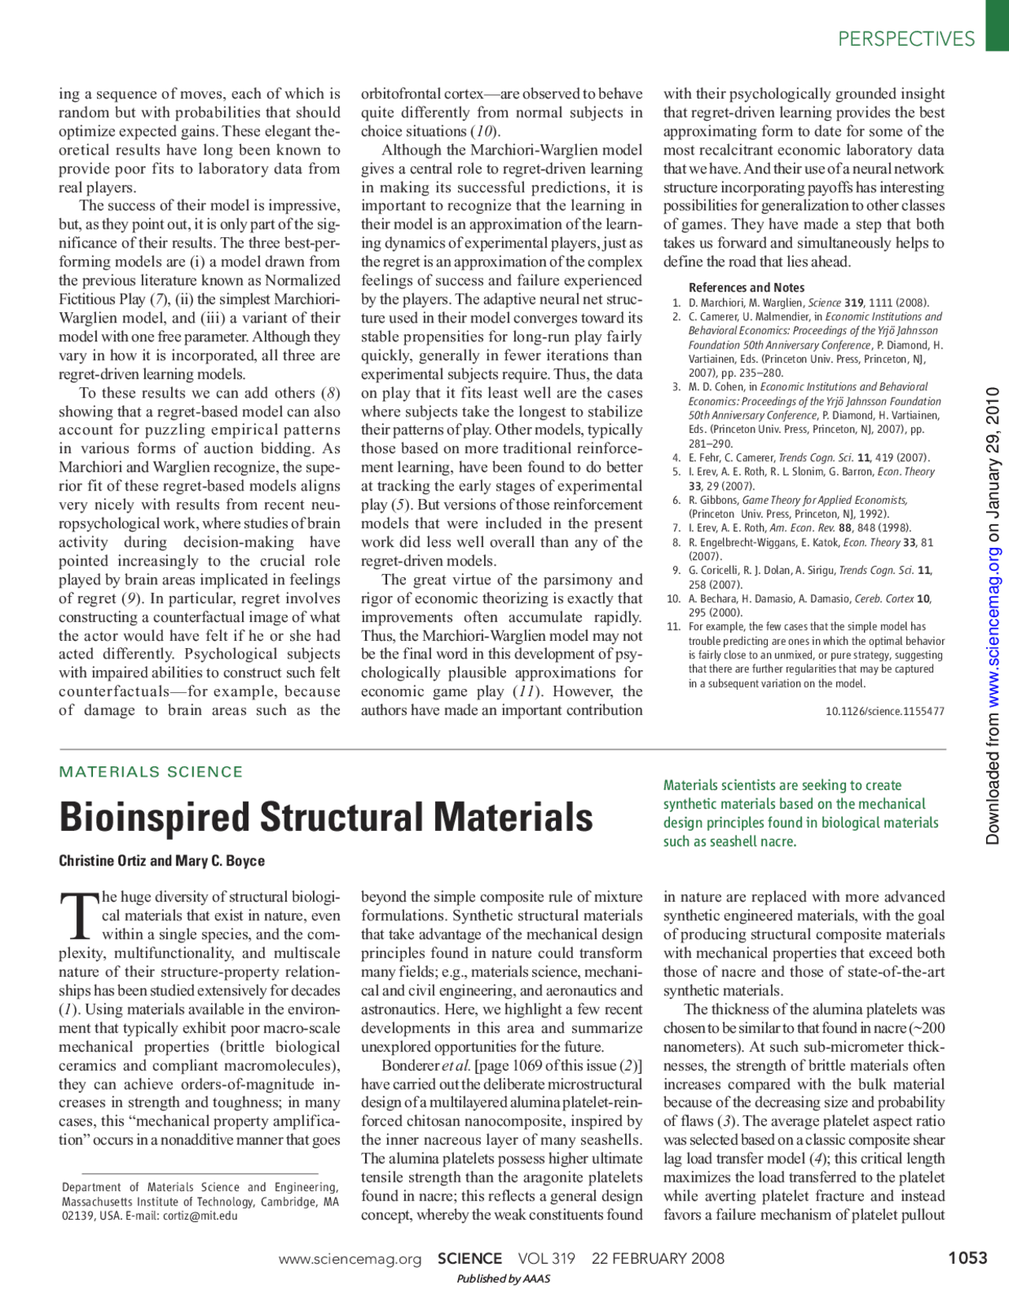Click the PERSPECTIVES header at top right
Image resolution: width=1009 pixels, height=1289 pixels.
pos(906,39)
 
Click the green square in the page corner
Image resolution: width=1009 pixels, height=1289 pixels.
pos(996,25)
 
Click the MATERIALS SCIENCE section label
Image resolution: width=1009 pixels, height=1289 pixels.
pos(151,772)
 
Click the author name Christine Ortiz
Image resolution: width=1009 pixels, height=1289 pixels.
pos(102,861)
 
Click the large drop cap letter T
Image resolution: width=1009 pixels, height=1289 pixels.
pos(79,917)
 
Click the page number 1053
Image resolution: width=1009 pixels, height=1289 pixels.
pos(967,1257)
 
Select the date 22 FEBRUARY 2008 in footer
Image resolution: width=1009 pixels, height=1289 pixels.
pos(657,1258)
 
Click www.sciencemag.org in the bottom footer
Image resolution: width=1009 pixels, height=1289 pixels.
pos(350,1259)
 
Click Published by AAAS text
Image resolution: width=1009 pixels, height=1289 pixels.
pos(503,1279)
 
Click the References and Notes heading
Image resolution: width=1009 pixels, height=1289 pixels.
pos(747,288)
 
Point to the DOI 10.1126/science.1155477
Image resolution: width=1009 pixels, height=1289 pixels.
pos(884,711)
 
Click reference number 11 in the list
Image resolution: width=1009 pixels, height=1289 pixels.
pos(673,627)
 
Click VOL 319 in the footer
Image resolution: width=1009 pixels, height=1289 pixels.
pos(546,1258)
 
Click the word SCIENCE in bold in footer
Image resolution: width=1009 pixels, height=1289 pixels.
pos(470,1258)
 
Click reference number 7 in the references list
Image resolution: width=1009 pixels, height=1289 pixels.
pos(676,528)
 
